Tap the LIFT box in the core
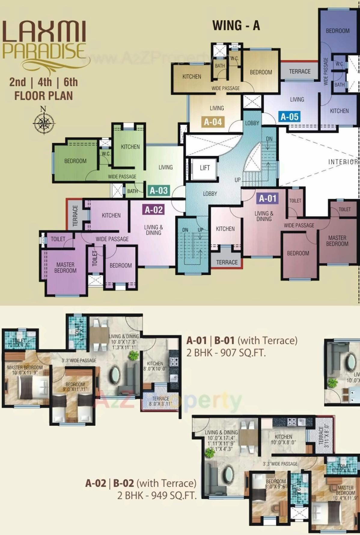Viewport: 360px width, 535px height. [205, 168]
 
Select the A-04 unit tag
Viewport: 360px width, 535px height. [213, 122]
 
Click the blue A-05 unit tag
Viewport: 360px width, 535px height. [289, 116]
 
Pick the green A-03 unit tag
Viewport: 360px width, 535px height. [159, 190]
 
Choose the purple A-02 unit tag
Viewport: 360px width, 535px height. [154, 210]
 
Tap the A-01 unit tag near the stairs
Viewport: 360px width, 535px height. [268, 198]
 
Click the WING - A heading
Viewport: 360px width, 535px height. [236, 26]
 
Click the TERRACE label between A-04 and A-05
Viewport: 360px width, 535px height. [300, 71]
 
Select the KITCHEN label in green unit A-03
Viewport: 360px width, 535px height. [130, 147]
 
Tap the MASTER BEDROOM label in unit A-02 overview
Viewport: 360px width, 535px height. [65, 267]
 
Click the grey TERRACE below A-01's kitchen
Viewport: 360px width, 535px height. [227, 262]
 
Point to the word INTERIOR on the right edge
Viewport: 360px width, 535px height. [343, 162]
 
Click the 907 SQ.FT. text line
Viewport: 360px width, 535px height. [226, 352]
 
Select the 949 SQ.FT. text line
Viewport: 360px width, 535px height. [157, 495]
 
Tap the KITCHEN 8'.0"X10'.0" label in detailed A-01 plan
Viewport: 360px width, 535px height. [155, 366]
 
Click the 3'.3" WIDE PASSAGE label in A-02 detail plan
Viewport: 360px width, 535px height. [280, 464]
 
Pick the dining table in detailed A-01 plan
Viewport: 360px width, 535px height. [99, 335]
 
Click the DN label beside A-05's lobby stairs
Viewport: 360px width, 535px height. [269, 139]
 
